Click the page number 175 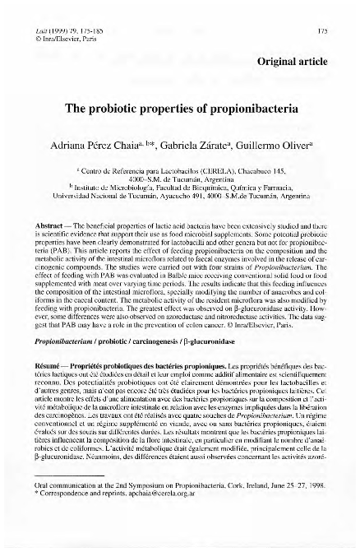pos(323,7)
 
